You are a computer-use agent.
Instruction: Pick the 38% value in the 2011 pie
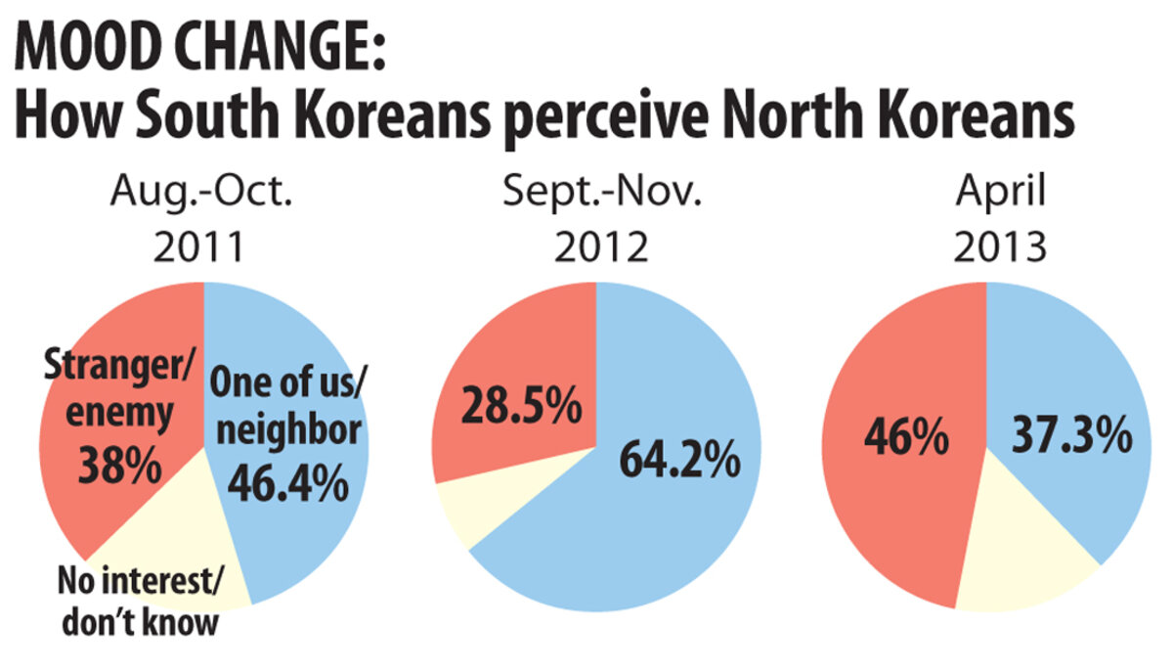(x=121, y=464)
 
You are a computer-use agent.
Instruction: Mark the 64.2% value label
(x=677, y=459)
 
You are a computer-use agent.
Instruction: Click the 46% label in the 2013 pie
(x=905, y=437)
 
